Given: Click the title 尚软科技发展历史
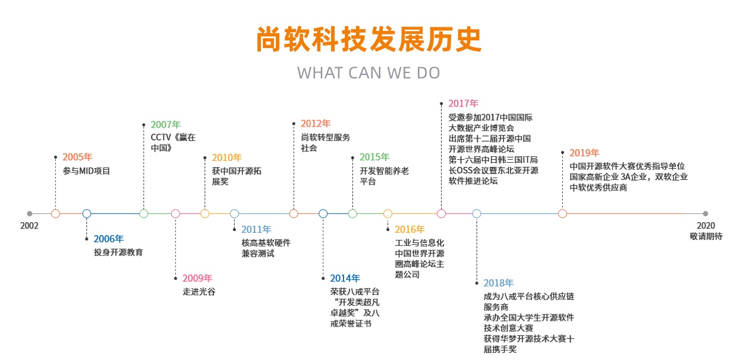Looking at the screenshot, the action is [369, 39].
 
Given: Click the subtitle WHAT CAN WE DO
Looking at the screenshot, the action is [368, 73].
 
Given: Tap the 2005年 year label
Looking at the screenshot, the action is [78, 157].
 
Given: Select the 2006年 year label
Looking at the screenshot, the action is [109, 239].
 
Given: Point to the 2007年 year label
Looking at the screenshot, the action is [165, 124].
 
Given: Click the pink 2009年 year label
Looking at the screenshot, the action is [197, 278].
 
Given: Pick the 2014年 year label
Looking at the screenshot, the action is [345, 278].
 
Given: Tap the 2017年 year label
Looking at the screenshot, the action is [463, 103].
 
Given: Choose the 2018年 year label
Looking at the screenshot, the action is [499, 283].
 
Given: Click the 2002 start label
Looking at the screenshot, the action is [29, 226].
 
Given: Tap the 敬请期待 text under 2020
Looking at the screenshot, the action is [706, 236].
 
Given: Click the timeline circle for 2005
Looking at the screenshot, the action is [56, 214].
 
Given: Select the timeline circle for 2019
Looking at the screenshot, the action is [563, 214].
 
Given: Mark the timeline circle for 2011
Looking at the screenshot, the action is [234, 214].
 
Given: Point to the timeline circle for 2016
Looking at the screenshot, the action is [388, 214].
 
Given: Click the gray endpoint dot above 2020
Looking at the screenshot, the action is [705, 214].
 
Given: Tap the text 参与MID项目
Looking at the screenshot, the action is [86, 171].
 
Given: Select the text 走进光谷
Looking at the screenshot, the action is [199, 292].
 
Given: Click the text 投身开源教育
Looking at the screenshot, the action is [118, 252].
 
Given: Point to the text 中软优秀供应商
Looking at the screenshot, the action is [599, 187].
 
